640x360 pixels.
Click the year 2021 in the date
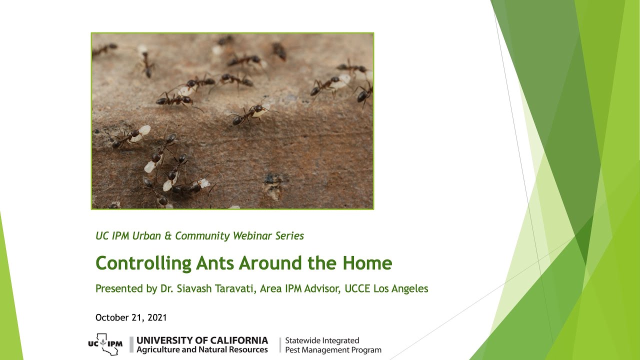point(156,317)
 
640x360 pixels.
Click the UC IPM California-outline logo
point(104,344)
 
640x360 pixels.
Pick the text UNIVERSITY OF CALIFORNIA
point(202,340)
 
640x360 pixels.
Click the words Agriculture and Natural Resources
point(202,350)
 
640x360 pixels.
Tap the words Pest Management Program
point(333,350)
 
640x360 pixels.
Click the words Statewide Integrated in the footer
point(322,340)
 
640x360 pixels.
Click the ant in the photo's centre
point(250,113)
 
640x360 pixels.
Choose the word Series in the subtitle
point(289,236)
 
